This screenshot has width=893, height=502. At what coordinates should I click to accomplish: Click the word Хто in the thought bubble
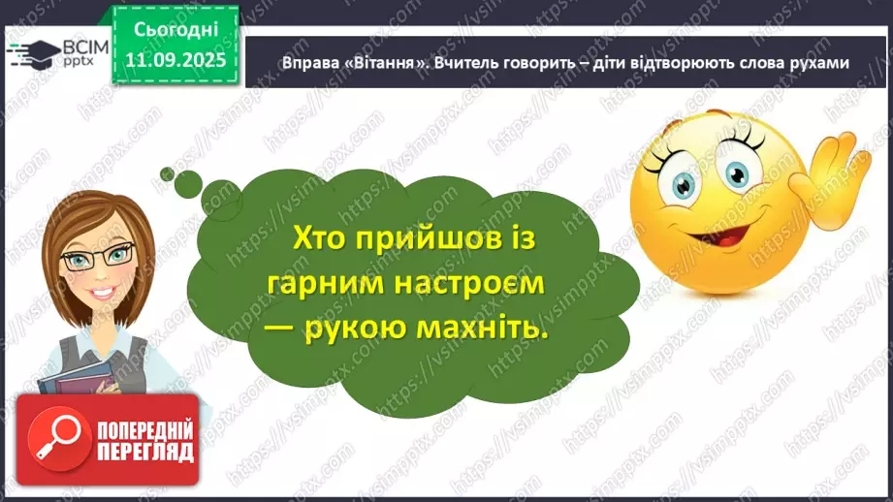click(x=320, y=238)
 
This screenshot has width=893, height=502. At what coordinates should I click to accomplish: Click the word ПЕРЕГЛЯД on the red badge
click(x=144, y=451)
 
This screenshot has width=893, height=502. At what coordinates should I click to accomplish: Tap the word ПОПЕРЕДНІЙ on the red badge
click(x=144, y=428)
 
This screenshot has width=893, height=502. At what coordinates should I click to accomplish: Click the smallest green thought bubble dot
click(x=168, y=174)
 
